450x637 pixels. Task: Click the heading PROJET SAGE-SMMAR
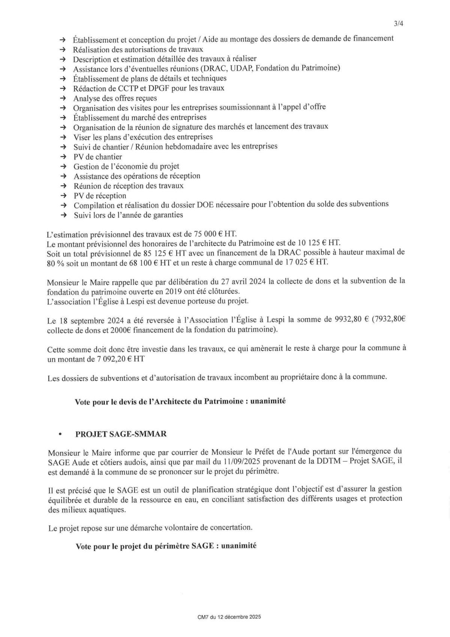pyautogui.click(x=121, y=434)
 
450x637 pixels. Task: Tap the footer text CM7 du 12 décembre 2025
pyautogui.click(x=229, y=617)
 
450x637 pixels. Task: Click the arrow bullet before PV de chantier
pyautogui.click(x=63, y=157)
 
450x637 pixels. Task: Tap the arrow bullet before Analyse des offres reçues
pyautogui.click(x=63, y=98)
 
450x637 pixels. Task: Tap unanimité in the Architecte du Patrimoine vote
pyautogui.click(x=268, y=401)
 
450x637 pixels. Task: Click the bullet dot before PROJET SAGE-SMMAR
pyautogui.click(x=60, y=434)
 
